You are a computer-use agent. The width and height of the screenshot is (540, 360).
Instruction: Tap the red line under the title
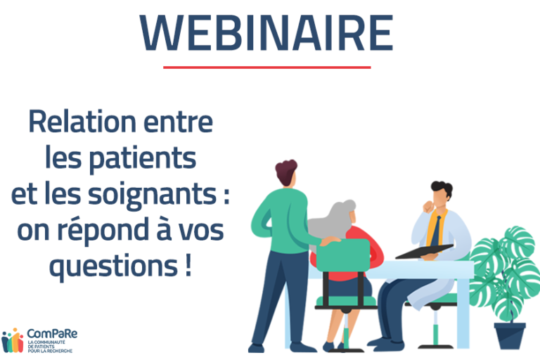pyautogui.click(x=267, y=67)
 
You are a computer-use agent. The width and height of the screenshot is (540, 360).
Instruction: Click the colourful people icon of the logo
pyautogui.click(x=13, y=340)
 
